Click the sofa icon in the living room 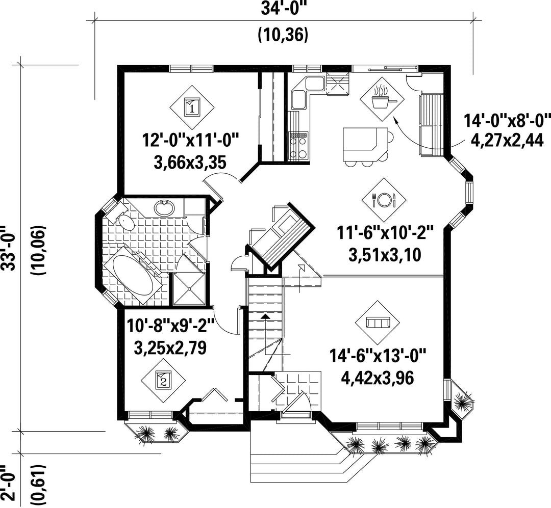coord(378,323)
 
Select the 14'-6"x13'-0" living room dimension coord(378,356)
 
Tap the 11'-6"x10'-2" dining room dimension coord(385,232)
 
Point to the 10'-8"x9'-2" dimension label coord(170,326)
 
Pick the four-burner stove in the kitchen coord(298,146)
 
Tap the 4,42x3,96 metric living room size coord(378,378)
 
